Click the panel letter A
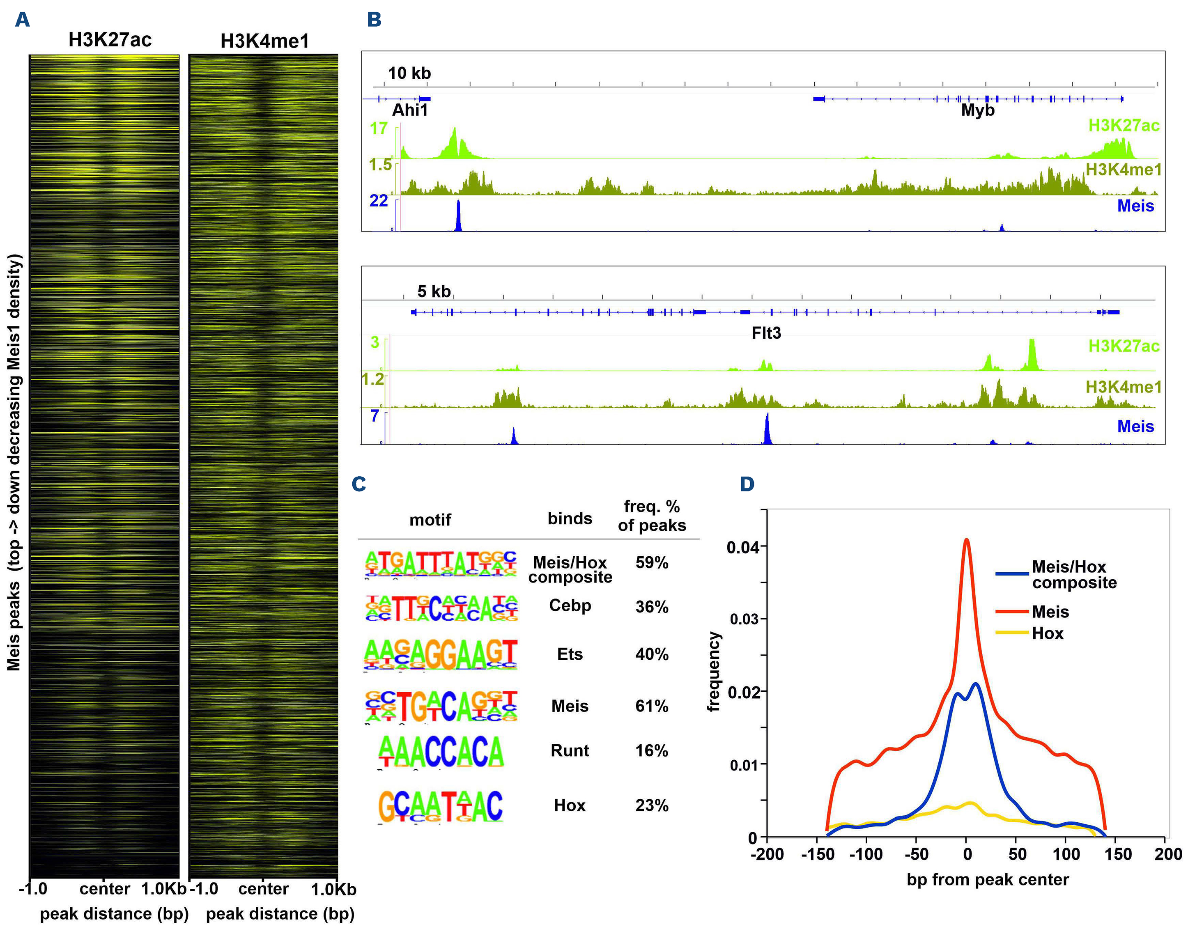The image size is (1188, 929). (22, 20)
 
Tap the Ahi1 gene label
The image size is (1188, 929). (410, 110)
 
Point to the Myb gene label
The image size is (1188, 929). (977, 110)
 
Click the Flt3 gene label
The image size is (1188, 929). (766, 333)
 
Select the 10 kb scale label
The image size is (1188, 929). (409, 73)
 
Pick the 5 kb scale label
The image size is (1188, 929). (434, 291)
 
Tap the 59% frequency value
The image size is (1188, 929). (652, 563)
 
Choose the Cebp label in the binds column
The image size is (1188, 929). (570, 606)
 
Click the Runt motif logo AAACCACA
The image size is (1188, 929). (441, 752)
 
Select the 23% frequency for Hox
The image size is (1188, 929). (652, 805)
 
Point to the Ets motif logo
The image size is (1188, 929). (441, 654)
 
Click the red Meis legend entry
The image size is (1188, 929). (1050, 612)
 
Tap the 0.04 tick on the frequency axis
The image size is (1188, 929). (743, 547)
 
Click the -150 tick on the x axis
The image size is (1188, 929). (818, 854)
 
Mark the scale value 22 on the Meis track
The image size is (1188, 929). (379, 201)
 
